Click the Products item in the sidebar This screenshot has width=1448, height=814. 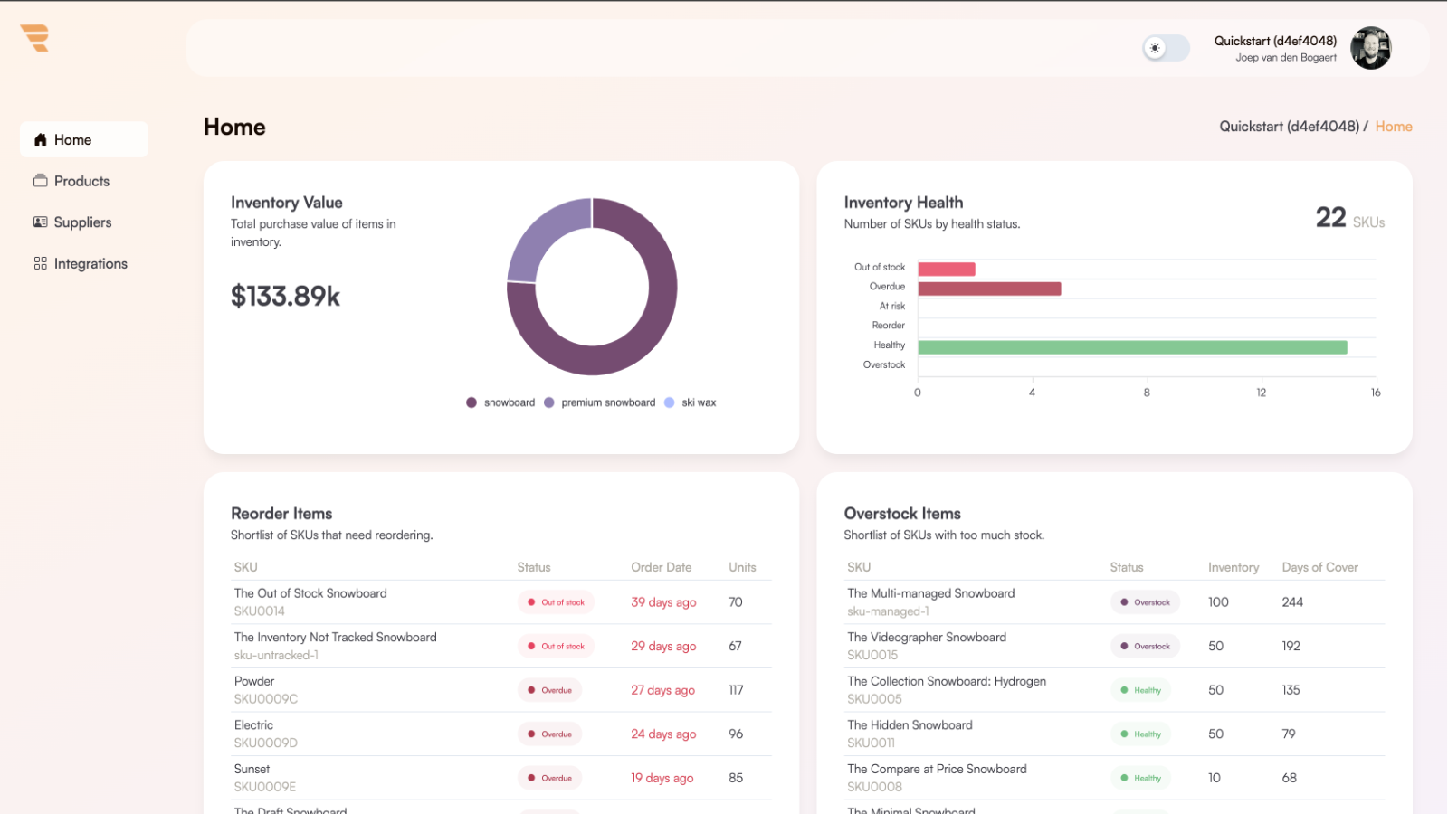pos(81,181)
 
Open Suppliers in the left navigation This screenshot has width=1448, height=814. pos(82,222)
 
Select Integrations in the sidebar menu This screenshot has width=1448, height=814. pos(90,264)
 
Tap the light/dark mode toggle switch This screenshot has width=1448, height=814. pos(1166,48)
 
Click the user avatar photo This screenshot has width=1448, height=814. pos(1370,48)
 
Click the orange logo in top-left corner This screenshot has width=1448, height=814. pos(35,38)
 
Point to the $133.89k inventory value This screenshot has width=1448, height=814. pos(285,297)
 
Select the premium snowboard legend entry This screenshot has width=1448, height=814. pos(607,402)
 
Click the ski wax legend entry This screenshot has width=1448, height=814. pos(698,402)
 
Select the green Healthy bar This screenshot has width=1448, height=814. pos(1131,347)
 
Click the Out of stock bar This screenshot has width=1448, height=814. pos(946,269)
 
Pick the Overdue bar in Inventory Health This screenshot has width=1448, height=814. pos(988,289)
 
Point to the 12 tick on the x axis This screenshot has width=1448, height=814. pos(1261,393)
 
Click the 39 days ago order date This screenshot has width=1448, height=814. pos(663,602)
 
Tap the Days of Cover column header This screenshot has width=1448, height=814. pos(1319,567)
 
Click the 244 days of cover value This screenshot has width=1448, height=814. pos(1292,602)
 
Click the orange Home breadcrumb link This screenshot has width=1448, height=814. pos(1393,127)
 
